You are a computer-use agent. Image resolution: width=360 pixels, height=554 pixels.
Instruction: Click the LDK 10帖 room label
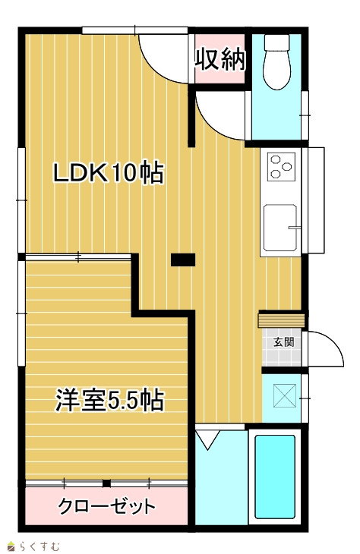click(108, 173)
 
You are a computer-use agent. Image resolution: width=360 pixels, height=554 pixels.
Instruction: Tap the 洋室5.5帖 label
click(109, 400)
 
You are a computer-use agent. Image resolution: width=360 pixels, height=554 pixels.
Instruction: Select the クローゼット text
click(106, 506)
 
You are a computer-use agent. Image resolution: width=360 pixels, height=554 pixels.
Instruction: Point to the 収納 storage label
click(220, 59)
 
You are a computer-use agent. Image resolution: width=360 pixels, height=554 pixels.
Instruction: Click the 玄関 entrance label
click(283, 342)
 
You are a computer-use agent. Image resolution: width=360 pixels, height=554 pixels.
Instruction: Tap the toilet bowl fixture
click(277, 70)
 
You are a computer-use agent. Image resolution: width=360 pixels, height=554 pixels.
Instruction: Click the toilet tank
click(277, 42)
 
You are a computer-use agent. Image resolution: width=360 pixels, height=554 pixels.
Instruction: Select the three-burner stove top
click(282, 167)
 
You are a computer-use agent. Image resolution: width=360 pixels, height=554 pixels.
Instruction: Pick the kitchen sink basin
click(280, 227)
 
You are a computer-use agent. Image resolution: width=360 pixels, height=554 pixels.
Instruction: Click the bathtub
click(275, 477)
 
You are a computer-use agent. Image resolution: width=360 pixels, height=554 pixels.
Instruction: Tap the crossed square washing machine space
click(285, 395)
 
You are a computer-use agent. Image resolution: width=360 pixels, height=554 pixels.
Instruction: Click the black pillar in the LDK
click(183, 260)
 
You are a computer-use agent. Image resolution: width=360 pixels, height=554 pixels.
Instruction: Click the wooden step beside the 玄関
click(282, 319)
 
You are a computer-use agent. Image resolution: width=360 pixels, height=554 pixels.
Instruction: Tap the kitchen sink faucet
click(294, 227)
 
